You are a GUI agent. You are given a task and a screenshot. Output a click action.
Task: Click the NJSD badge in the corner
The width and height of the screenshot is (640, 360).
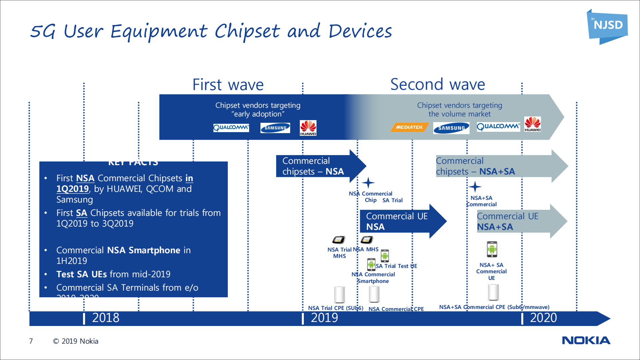click(607, 26)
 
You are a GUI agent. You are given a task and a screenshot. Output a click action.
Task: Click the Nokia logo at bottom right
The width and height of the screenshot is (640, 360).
click(586, 340)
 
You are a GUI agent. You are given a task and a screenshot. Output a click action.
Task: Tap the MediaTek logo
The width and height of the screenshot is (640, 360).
click(409, 127)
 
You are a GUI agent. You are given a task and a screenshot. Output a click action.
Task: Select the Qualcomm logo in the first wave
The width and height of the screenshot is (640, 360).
click(231, 128)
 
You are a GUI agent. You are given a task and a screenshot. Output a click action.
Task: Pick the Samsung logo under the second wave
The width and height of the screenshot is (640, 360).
click(451, 128)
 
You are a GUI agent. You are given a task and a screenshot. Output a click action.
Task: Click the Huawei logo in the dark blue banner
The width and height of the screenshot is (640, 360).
click(308, 128)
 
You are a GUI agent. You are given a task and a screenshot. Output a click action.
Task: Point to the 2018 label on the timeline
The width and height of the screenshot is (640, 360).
click(105, 318)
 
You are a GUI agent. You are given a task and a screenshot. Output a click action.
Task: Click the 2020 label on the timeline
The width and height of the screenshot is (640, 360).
click(543, 318)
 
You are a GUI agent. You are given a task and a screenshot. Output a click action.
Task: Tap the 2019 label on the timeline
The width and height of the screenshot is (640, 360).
click(324, 318)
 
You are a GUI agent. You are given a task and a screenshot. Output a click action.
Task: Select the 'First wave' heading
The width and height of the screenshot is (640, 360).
click(228, 85)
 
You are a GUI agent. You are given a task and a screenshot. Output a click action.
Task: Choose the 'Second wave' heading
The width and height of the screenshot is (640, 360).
click(438, 84)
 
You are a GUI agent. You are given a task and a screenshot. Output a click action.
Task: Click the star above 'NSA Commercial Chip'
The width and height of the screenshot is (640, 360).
click(368, 183)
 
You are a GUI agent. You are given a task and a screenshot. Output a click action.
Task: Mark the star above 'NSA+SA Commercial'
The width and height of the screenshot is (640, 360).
click(475, 187)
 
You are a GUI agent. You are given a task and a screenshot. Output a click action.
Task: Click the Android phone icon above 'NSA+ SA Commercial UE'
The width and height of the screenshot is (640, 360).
click(492, 249)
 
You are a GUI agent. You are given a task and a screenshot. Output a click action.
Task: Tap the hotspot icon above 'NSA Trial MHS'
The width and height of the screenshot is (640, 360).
click(339, 240)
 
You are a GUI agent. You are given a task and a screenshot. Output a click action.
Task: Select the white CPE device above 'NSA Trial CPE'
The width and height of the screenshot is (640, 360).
click(340, 294)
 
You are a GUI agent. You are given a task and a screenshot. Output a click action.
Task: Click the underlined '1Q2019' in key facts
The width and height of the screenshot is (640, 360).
click(72, 189)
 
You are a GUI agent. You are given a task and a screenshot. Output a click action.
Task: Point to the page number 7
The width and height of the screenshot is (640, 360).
click(31, 341)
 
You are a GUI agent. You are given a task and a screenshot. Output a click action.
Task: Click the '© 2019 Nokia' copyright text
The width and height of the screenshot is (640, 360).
click(76, 341)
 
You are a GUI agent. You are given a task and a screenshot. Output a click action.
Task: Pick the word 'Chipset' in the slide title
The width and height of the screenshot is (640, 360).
click(247, 32)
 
